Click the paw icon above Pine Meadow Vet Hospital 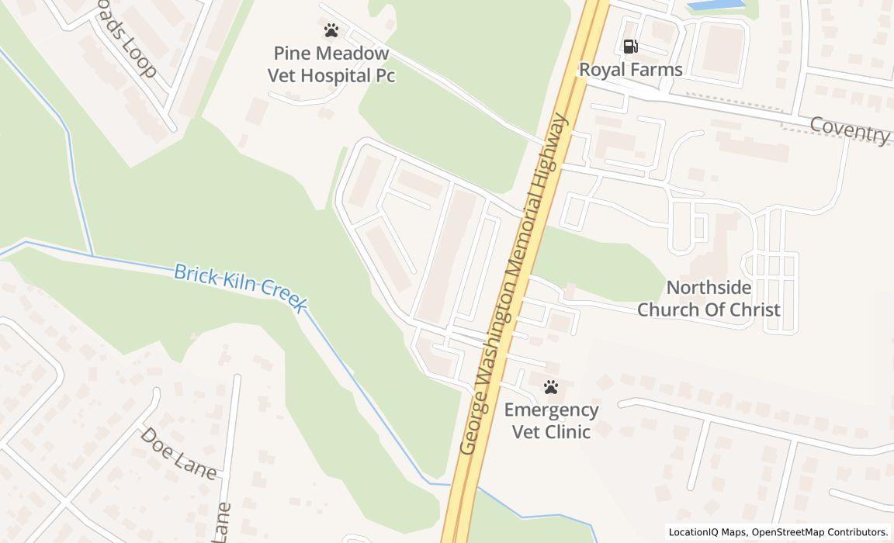tap(331, 31)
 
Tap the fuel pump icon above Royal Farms tap(630, 47)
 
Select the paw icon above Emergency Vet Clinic tap(551, 386)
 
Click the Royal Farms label tap(631, 70)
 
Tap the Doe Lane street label tap(178, 452)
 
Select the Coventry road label tap(850, 130)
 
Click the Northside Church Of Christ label tap(709, 299)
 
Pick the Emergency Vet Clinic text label tap(552, 420)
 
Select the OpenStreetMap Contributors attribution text tap(819, 532)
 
